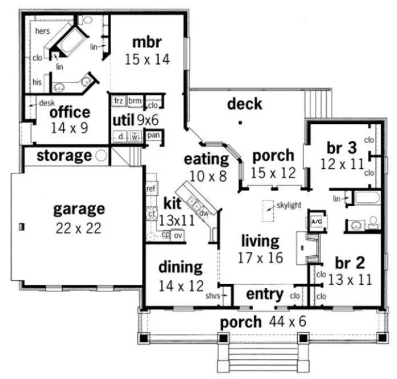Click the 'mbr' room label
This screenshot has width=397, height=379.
tap(147, 42)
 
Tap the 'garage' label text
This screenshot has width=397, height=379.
tap(79, 209)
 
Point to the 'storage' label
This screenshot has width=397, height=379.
tap(64, 155)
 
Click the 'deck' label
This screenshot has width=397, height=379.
tap(245, 103)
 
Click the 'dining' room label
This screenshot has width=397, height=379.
tap(180, 267)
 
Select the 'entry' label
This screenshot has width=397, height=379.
tap(265, 295)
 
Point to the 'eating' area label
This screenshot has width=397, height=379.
tap(205, 158)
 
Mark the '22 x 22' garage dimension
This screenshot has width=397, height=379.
tap(79, 228)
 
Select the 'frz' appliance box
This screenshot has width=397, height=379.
tap(119, 100)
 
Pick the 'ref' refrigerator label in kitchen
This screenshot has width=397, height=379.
tap(151, 188)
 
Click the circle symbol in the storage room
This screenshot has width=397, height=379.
tap(102, 155)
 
